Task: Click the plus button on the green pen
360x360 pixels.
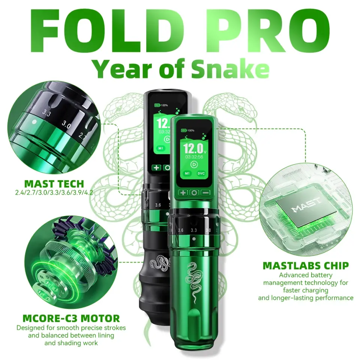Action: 183,193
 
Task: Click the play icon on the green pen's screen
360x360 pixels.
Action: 194,164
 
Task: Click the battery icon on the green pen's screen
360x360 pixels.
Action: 184,130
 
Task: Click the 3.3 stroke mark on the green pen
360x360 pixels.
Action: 194,230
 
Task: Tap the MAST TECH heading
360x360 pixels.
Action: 54,184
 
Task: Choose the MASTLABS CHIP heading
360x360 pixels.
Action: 306,266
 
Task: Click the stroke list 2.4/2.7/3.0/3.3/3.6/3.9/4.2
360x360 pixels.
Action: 54,193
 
